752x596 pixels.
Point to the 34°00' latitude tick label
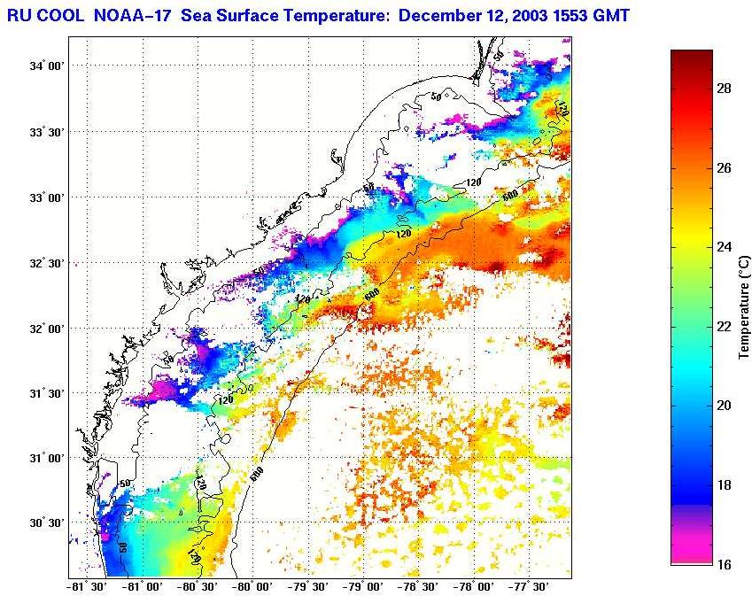tap(46, 66)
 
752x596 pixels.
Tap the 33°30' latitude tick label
tap(46, 132)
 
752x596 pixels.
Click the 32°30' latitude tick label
tap(46, 263)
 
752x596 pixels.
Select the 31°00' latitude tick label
tap(46, 459)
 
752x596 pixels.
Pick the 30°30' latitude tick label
tap(46, 523)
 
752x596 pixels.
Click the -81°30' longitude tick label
tap(85, 586)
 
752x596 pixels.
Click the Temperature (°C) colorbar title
tap(745, 306)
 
